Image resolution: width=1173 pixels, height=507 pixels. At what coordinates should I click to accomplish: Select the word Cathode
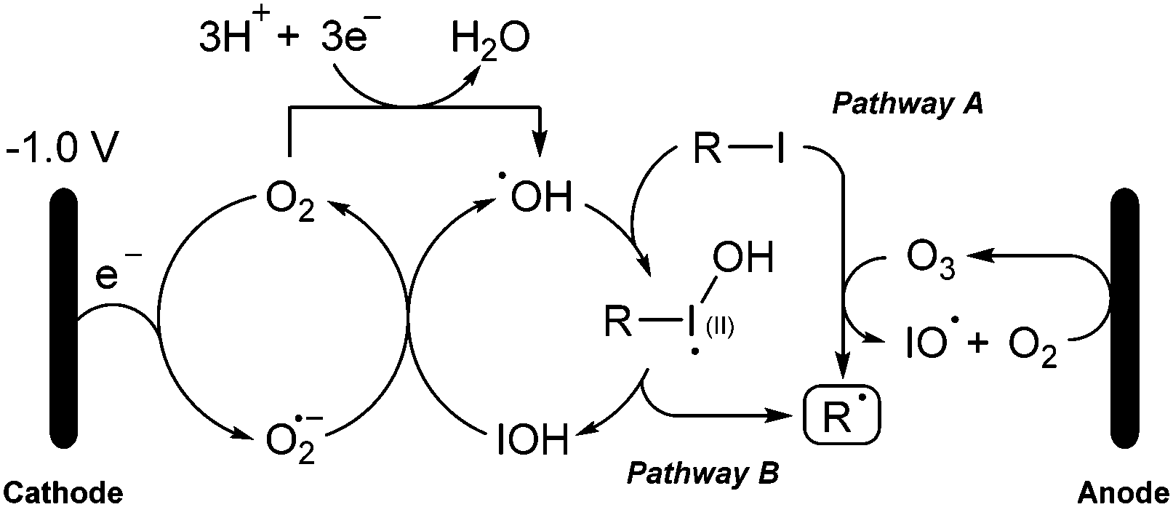click(62, 494)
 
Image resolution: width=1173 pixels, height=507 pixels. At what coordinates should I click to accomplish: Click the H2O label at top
click(489, 39)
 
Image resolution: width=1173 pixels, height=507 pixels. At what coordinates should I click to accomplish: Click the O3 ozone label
click(930, 260)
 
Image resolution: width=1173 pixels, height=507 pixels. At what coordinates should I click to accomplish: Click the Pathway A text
click(907, 104)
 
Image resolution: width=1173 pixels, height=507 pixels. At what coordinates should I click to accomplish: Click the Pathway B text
click(702, 474)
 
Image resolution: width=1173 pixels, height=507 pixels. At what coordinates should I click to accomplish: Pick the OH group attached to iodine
click(742, 259)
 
